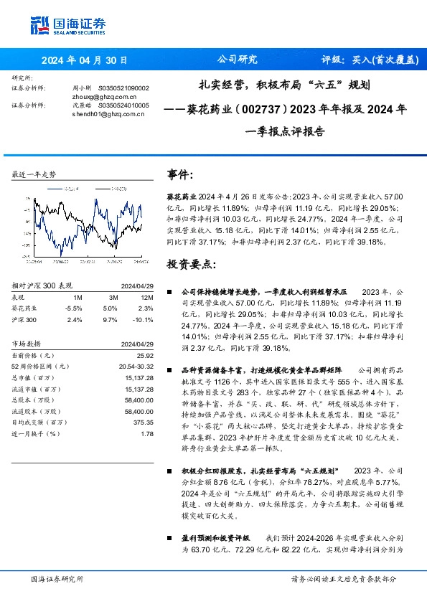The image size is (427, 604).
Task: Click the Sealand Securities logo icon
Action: click(x=40, y=23)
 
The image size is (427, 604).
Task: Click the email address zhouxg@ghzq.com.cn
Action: click(x=105, y=96)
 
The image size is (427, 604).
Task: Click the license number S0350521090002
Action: click(x=123, y=88)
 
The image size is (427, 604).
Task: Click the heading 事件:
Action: click(x=180, y=175)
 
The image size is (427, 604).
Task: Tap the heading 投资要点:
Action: click(x=190, y=264)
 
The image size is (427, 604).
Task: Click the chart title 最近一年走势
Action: click(x=34, y=175)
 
